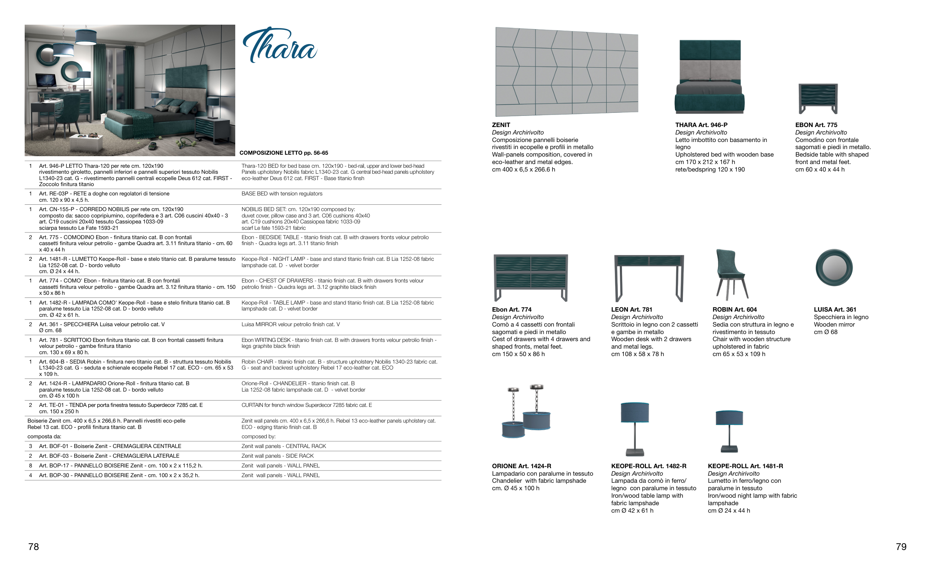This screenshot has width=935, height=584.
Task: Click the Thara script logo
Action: [280, 45]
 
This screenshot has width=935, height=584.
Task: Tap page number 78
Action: [34, 547]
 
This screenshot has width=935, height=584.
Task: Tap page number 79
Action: [901, 547]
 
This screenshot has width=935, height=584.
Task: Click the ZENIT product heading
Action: [501, 125]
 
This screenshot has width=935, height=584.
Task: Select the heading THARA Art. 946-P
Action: [701, 125]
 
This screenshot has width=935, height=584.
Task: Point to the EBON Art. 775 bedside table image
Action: [818, 99]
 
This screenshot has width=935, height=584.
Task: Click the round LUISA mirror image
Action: [834, 268]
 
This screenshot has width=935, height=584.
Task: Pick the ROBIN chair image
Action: [731, 274]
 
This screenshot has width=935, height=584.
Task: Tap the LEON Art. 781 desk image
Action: [649, 278]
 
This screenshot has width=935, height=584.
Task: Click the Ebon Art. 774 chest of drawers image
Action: [531, 277]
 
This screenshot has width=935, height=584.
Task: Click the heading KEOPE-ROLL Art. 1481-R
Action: [745, 466]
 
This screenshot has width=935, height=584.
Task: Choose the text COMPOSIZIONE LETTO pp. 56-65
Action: [284, 153]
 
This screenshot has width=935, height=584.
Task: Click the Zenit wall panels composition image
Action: [567, 72]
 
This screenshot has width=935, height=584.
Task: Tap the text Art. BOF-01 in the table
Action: [54, 446]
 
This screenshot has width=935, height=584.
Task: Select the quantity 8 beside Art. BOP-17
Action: [31, 466]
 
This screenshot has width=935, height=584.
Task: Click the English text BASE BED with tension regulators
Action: [282, 194]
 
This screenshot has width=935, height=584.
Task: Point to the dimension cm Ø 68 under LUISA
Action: [826, 332]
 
